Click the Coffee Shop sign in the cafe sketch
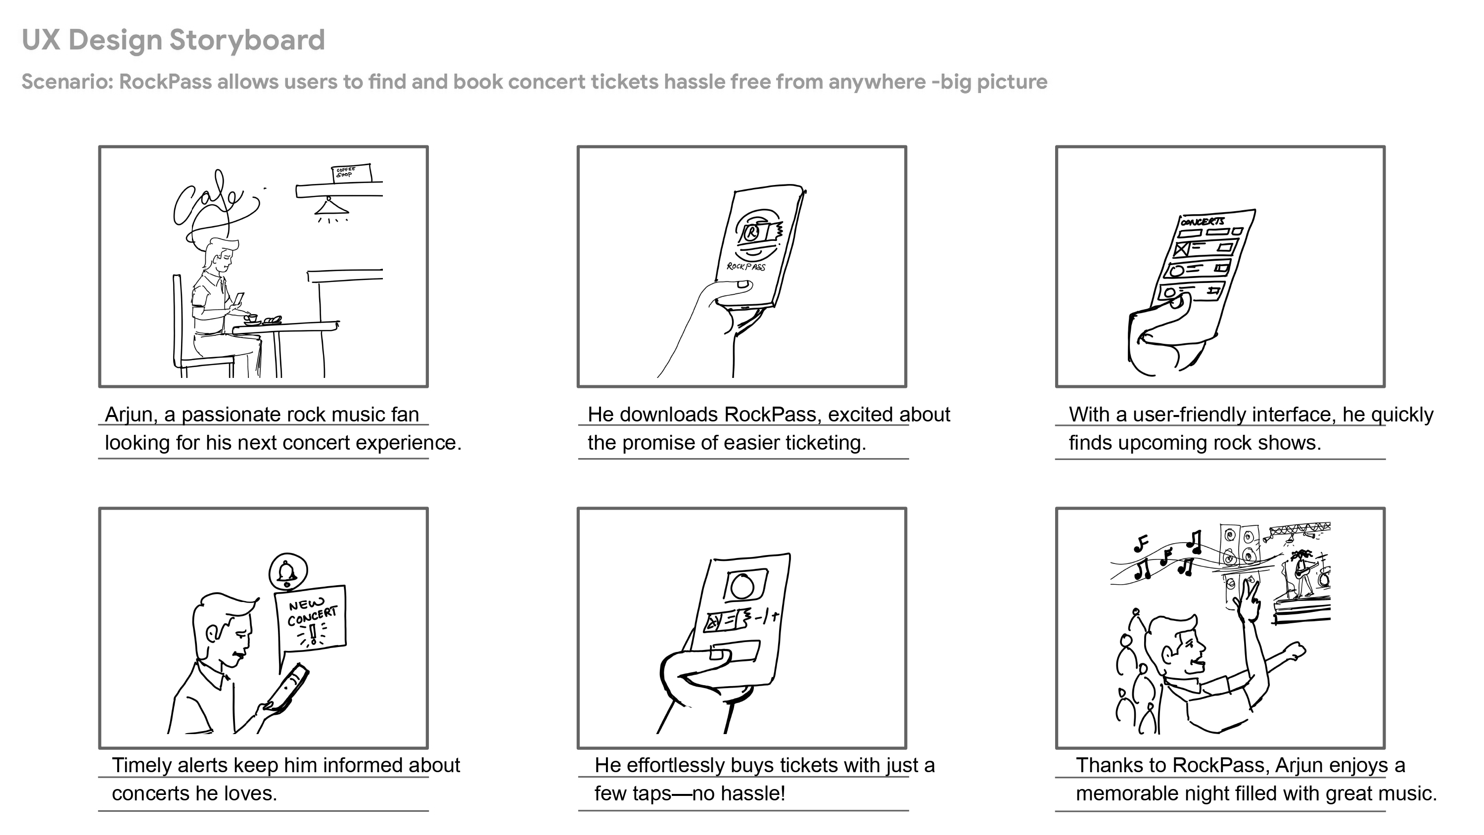[x=350, y=173]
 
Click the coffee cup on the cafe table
[x=251, y=318]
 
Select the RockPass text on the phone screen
[x=745, y=266]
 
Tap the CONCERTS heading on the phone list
[x=1203, y=221]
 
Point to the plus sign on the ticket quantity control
[x=776, y=616]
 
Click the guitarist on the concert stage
[x=1302, y=570]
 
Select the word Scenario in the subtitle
[x=66, y=82]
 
